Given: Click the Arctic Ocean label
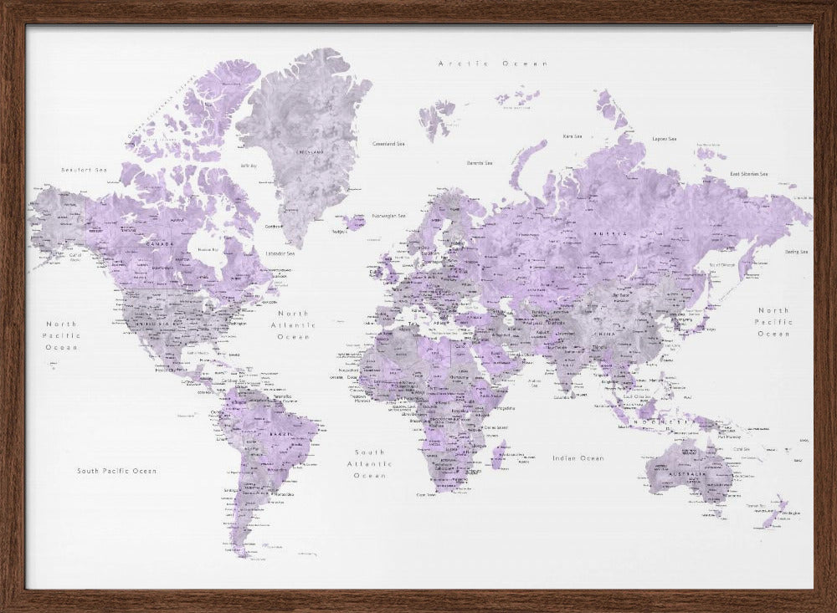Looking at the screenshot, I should point(493,64).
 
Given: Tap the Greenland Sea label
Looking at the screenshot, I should point(389,143).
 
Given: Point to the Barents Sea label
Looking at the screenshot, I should point(480,162).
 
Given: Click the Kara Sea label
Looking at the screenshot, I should point(573,135).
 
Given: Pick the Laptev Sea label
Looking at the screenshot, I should point(665,139).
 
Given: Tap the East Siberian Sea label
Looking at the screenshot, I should point(748,174).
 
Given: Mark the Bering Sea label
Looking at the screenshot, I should point(795,251).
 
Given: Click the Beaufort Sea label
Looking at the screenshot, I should point(85,170).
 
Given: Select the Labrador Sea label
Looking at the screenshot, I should point(280,253).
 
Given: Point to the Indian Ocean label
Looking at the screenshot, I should point(578,458).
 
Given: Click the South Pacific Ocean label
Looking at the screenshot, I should point(116,471).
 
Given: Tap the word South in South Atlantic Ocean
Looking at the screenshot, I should point(369,451).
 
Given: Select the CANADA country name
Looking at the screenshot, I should point(160,244).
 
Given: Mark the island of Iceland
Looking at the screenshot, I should point(355,222).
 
